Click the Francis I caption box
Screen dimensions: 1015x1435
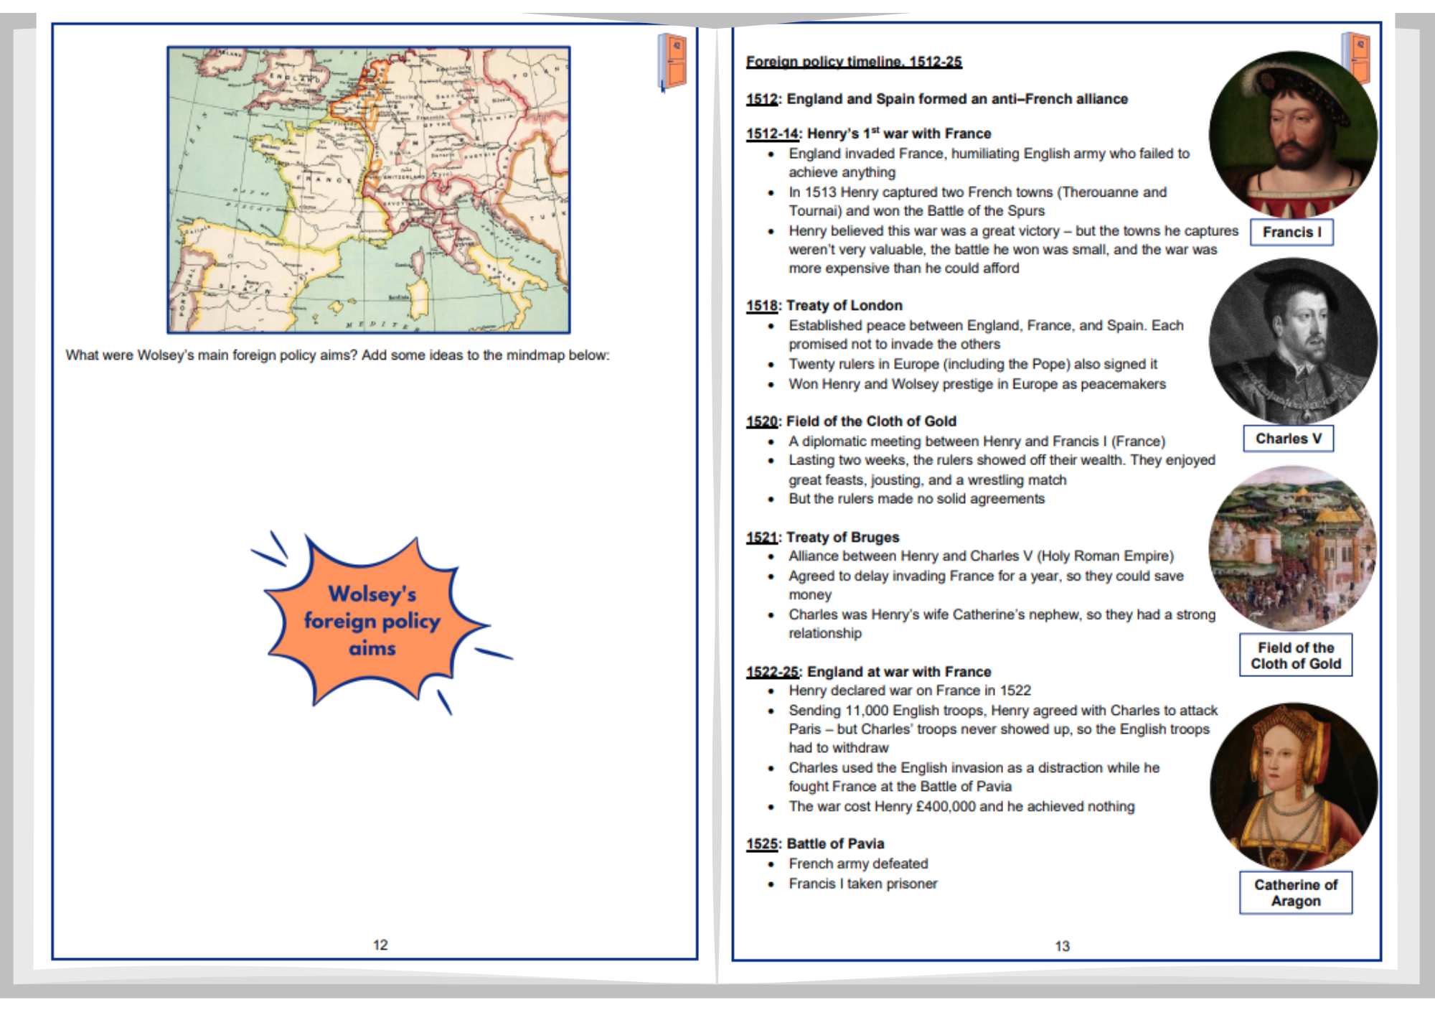[x=1291, y=233]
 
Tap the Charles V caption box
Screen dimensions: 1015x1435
[x=1288, y=439]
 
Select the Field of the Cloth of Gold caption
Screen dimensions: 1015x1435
[x=1295, y=655]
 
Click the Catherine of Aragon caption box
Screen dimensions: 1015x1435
[x=1295, y=893]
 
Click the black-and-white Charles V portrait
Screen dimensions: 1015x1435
[x=1292, y=341]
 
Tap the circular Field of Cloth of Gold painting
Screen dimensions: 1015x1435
[x=1292, y=549]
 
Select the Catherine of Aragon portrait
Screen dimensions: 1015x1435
[x=1292, y=786]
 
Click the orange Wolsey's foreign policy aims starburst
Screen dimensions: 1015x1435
[x=372, y=621]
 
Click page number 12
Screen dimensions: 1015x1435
[x=380, y=945]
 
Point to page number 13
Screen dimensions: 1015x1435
[x=1062, y=947]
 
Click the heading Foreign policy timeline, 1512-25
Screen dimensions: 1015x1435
[x=854, y=62]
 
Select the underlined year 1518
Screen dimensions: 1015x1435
[x=761, y=306]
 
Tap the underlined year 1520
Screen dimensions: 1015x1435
[x=761, y=422]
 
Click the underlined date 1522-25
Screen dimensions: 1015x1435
[x=772, y=673]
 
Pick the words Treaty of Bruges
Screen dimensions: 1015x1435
[x=842, y=538]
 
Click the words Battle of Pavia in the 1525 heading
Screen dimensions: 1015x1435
[x=835, y=844]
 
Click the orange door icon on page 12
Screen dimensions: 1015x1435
[x=673, y=61]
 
